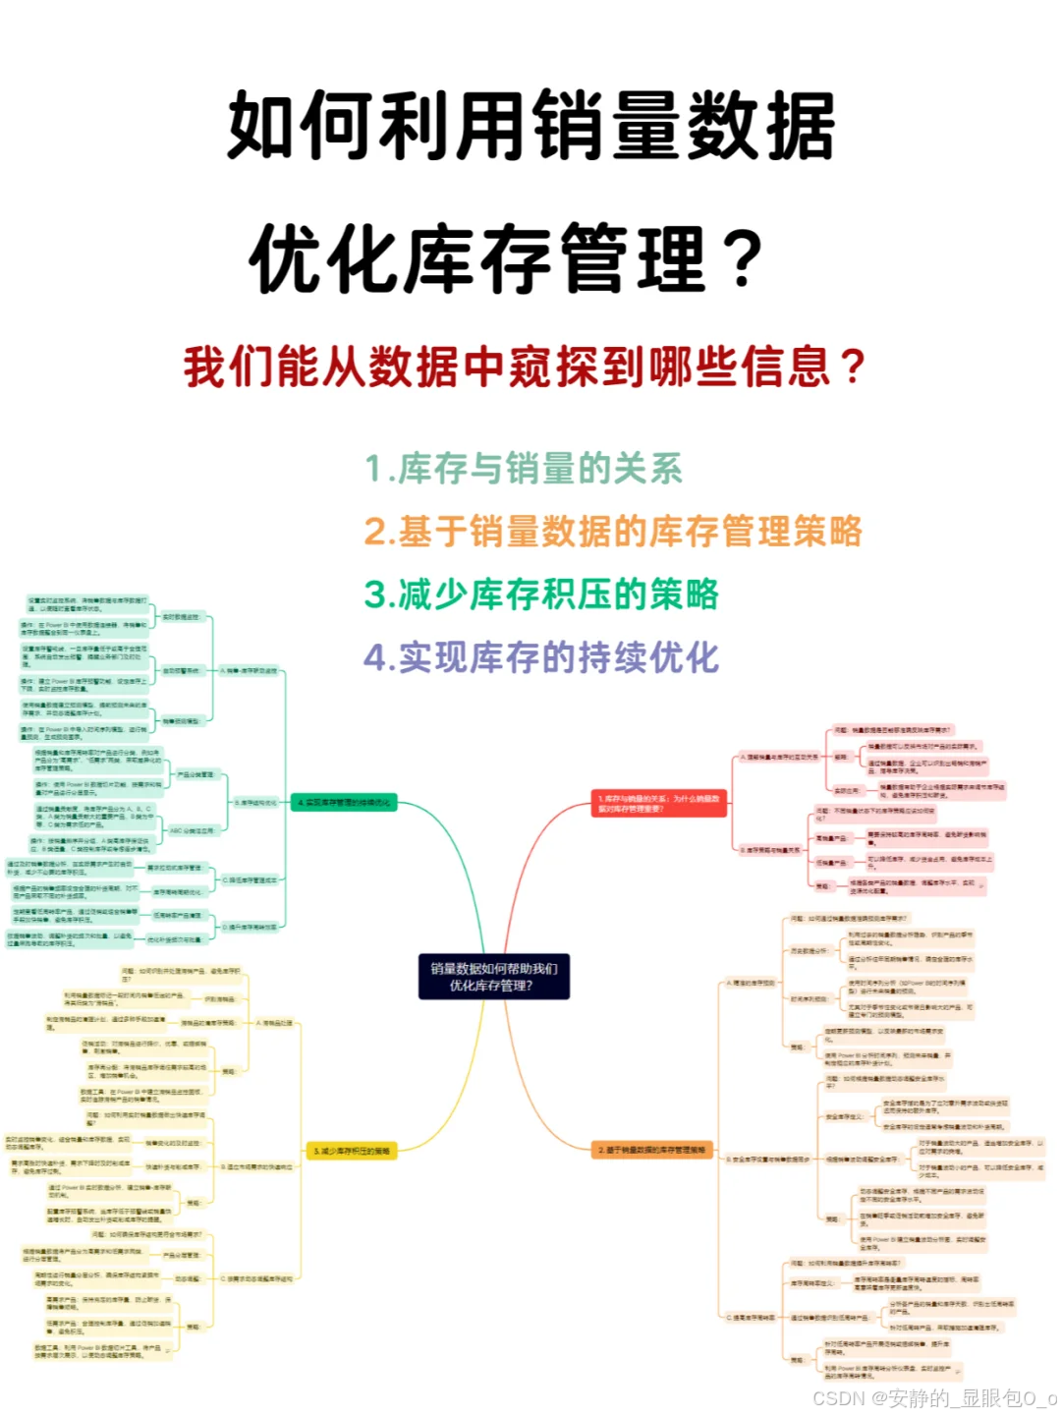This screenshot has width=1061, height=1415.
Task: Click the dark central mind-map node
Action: [x=494, y=977]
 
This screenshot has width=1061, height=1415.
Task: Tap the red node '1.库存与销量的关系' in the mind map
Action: [x=659, y=804]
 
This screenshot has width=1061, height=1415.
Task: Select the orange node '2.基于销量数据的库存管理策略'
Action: [x=651, y=1150]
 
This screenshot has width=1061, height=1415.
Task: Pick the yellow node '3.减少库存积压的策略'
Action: [x=352, y=1151]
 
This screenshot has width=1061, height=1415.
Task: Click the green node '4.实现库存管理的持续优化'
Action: [x=344, y=803]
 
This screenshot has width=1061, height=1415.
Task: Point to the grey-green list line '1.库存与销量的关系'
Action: [x=524, y=469]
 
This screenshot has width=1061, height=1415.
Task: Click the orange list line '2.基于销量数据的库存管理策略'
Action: [x=612, y=532]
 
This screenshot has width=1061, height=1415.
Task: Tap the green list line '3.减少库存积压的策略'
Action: [x=541, y=594]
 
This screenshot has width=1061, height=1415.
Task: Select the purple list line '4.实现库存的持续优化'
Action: [x=541, y=657]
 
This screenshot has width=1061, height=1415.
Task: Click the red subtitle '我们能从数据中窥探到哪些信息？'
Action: [x=524, y=368]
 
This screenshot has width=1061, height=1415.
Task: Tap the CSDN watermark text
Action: [x=934, y=1397]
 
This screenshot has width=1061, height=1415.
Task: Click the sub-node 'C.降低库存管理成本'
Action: [x=251, y=880]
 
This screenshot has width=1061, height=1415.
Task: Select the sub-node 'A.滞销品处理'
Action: [x=275, y=1023]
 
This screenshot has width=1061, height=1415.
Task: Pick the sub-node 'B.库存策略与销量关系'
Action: [x=770, y=850]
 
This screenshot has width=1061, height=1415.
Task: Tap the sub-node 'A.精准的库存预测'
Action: [x=752, y=983]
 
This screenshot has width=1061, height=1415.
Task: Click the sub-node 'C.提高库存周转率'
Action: [x=752, y=1317]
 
